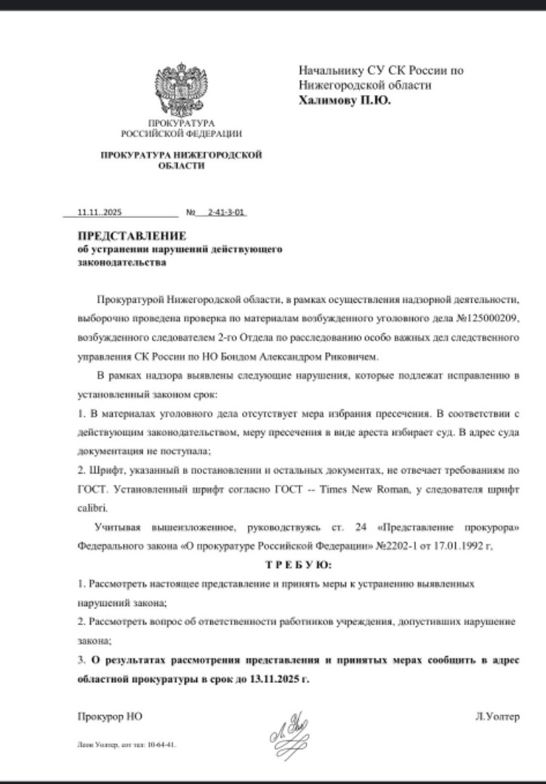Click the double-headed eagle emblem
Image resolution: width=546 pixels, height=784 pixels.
181,91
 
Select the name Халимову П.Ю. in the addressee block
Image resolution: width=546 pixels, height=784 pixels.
344,101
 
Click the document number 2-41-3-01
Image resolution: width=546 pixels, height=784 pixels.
227,213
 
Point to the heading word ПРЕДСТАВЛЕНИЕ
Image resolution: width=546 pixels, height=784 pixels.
132,236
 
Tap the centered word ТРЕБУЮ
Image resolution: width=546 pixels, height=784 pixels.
302,564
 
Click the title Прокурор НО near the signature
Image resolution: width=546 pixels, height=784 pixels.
110,716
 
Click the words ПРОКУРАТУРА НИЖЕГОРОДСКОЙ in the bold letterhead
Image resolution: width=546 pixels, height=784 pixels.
181,155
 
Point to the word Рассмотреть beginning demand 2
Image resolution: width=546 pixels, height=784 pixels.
116,621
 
